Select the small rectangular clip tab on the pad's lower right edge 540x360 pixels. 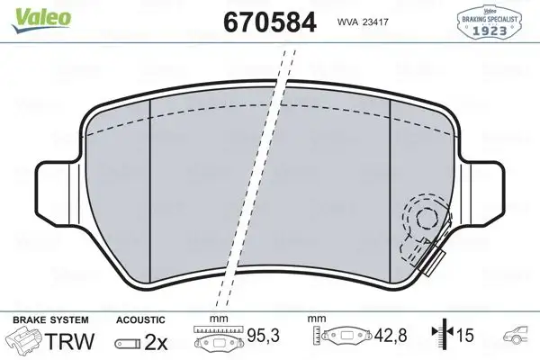[434, 262]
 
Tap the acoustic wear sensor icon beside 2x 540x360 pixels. [128, 343]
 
